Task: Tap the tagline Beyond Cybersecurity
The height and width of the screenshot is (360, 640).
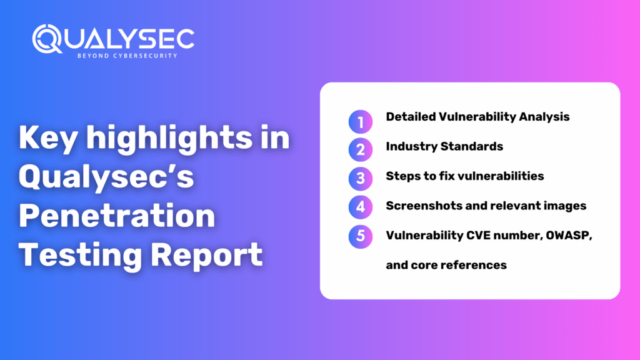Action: (127, 56)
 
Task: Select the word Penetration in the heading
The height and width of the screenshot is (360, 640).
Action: (117, 216)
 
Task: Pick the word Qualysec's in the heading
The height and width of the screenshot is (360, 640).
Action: (107, 177)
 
